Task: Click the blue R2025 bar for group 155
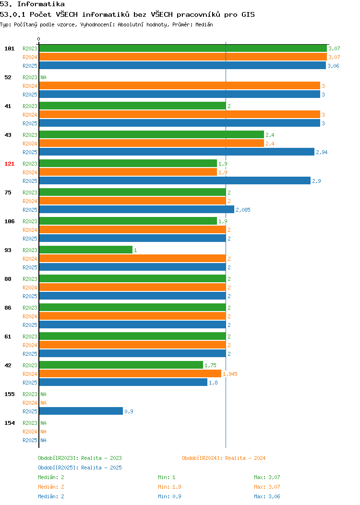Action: point(81,411)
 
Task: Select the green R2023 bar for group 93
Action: point(85,250)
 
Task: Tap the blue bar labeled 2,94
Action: point(177,152)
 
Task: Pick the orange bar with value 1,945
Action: point(130,373)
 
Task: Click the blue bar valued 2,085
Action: point(136,209)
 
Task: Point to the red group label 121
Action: point(9,164)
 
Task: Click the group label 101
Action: point(9,48)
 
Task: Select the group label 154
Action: point(9,423)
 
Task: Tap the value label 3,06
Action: point(333,66)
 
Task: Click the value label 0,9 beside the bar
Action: point(129,411)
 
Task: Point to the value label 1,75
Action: point(210,365)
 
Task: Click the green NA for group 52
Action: point(44,77)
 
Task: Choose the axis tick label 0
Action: point(39,39)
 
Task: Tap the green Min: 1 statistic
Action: point(167,477)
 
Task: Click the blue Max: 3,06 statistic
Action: point(267,496)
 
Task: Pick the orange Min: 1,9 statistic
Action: point(169,487)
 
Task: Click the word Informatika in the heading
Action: point(41,4)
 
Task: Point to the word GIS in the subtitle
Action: point(248,14)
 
